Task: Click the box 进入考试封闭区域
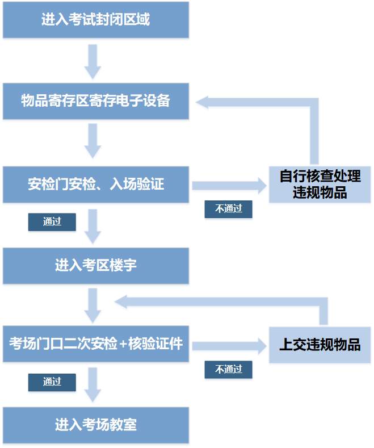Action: (95, 20)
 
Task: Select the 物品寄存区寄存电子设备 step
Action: (95, 101)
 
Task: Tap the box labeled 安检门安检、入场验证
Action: (95, 184)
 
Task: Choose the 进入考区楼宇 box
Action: (95, 265)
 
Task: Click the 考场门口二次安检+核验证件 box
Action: (95, 344)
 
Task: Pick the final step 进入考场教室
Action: (95, 425)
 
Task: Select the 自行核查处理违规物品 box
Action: (320, 185)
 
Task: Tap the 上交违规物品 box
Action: (320, 344)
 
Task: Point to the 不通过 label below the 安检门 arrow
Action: (228, 209)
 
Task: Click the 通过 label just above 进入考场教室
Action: (52, 382)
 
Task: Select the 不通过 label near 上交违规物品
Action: (228, 370)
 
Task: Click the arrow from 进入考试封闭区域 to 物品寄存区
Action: (93, 61)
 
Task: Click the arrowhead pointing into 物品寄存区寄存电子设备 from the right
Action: (203, 102)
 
